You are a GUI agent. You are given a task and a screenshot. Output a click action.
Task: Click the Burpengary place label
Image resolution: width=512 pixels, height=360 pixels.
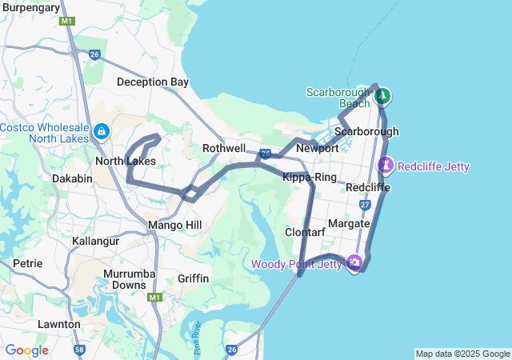tap(30, 7)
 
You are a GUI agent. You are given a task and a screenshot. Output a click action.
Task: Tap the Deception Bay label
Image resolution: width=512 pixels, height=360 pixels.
tap(152, 82)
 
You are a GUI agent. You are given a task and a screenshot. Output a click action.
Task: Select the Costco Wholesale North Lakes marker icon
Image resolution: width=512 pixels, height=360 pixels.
tap(102, 130)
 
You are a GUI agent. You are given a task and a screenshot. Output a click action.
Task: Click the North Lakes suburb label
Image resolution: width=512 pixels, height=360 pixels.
tap(125, 161)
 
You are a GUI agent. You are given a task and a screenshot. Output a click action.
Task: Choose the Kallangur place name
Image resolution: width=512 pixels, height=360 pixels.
tap(95, 241)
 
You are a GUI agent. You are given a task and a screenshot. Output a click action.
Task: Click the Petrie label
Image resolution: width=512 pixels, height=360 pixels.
tap(27, 262)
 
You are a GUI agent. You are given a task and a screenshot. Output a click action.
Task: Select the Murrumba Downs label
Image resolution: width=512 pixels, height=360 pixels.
tap(124, 279)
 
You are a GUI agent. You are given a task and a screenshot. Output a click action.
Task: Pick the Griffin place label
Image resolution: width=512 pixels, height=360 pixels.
tap(194, 278)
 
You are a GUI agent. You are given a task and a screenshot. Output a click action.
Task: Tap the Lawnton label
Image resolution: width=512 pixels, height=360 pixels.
tap(58, 324)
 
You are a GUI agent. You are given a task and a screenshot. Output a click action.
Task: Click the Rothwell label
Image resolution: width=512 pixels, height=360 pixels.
tap(224, 148)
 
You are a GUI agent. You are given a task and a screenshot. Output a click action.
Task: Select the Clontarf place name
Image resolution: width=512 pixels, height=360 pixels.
tap(305, 232)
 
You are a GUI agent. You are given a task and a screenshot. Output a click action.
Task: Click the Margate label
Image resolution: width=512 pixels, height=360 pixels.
tap(349, 223)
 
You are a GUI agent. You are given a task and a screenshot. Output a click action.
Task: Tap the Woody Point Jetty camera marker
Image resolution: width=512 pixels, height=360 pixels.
tap(354, 261)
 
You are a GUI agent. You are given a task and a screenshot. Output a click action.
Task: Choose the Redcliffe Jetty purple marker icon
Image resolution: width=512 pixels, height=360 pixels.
tap(386, 166)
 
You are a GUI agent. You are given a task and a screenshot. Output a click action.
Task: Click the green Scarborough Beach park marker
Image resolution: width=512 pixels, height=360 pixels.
tap(382, 96)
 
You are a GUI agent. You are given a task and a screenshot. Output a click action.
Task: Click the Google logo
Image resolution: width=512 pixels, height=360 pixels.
tap(26, 350)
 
